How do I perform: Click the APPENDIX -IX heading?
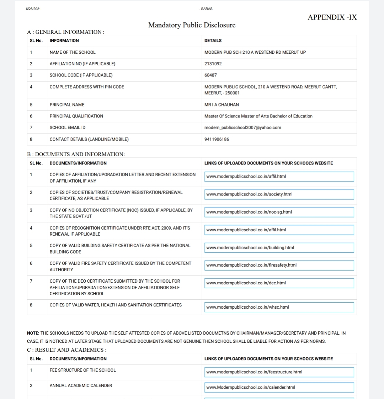(x=332, y=17)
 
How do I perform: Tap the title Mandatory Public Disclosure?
(x=192, y=25)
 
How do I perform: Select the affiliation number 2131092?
(x=213, y=64)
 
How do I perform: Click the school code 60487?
(x=210, y=75)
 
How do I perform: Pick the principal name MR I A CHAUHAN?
(x=222, y=105)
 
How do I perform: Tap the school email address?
(x=242, y=127)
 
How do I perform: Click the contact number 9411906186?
(x=217, y=139)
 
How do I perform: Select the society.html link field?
(x=279, y=194)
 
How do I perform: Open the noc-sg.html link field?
(x=279, y=212)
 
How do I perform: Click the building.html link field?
(x=279, y=248)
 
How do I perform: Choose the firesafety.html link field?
(x=279, y=265)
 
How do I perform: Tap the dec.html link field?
(x=279, y=283)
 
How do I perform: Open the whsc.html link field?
(x=279, y=307)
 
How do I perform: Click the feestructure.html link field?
(x=279, y=372)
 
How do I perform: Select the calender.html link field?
(x=279, y=387)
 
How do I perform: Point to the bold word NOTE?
(x=33, y=333)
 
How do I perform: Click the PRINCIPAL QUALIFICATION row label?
(x=76, y=116)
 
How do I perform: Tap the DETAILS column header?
(x=213, y=41)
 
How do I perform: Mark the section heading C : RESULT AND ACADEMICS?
(x=67, y=350)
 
